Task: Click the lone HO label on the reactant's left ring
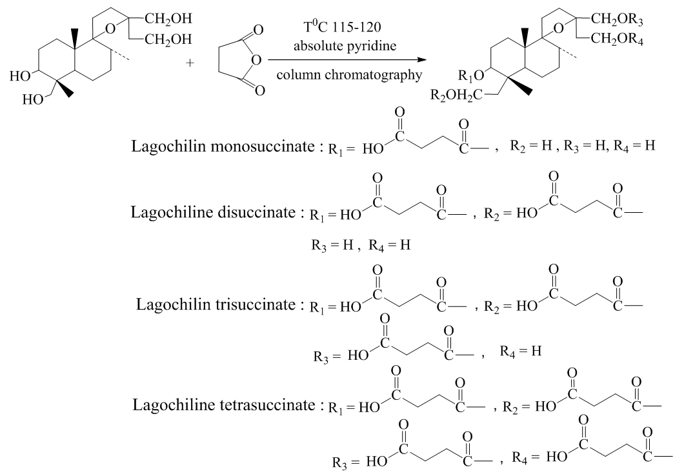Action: coord(21,75)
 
